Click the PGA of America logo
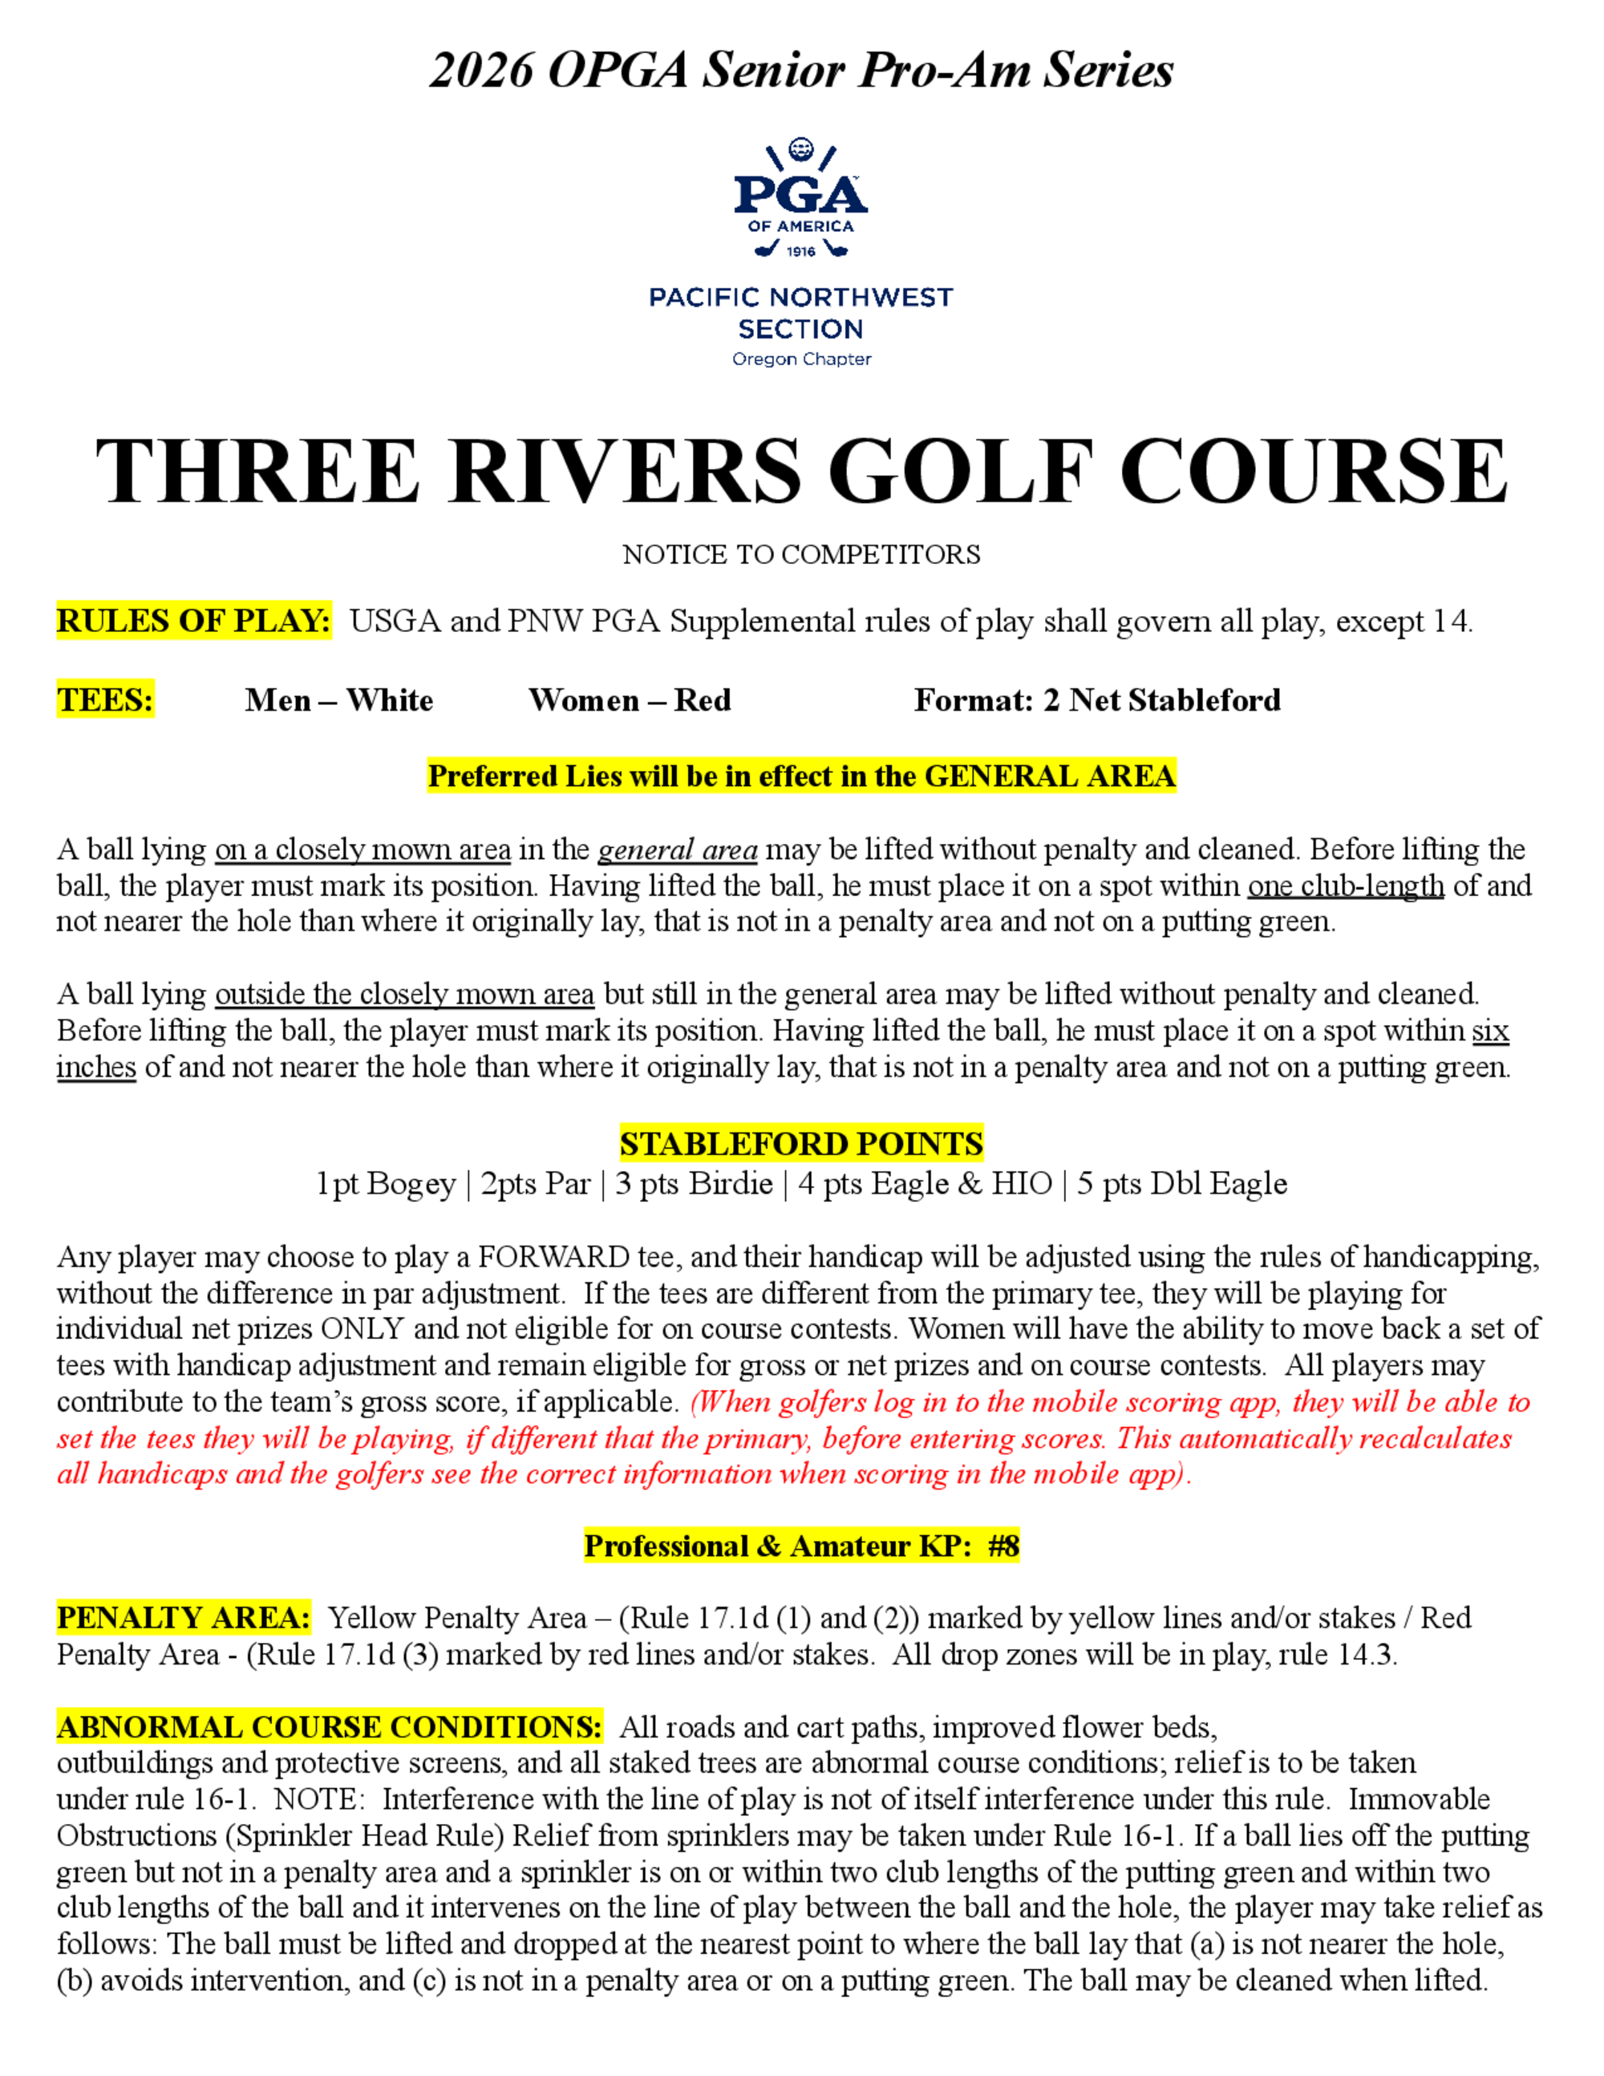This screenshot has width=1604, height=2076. coord(801,200)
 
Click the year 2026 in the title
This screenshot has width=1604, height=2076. coord(481,71)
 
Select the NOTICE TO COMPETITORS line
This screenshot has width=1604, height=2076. coord(801,554)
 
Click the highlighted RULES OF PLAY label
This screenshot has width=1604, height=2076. coord(194,621)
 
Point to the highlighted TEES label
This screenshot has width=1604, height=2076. coord(106,699)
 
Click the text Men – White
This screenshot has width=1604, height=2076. coord(339,700)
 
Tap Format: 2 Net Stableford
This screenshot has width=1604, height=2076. coord(1096,700)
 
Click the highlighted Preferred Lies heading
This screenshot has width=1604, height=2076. coord(801,776)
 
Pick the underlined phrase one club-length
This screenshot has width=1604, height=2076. coord(1346,886)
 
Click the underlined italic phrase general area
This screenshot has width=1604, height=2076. coord(678,849)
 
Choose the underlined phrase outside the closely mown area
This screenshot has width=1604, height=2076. coord(405,994)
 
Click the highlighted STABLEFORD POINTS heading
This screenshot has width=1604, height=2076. coord(801,1144)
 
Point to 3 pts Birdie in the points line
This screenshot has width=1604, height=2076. coord(694,1183)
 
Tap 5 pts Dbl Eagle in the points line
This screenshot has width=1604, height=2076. coord(1181,1183)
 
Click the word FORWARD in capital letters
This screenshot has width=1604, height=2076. coord(554,1258)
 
